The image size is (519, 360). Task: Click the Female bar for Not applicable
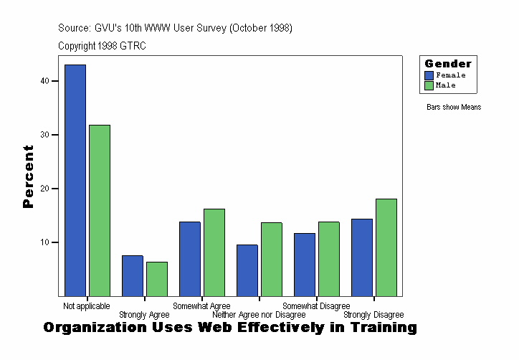click(x=75, y=180)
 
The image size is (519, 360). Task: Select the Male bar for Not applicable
click(x=99, y=210)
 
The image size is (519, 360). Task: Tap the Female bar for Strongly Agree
click(x=133, y=275)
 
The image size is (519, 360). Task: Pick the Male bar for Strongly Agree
click(x=156, y=279)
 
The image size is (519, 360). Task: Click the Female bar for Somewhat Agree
click(x=190, y=259)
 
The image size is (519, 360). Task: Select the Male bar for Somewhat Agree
click(x=214, y=252)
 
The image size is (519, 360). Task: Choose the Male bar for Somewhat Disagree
click(x=328, y=259)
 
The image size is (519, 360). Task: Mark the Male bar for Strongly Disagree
click(x=386, y=247)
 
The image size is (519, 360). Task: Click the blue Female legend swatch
click(x=429, y=75)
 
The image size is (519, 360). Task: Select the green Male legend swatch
click(x=429, y=85)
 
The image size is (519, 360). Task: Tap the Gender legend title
click(x=448, y=64)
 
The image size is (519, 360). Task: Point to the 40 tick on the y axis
click(x=45, y=81)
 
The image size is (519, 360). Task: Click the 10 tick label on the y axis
click(x=45, y=242)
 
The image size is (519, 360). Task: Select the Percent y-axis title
click(x=28, y=176)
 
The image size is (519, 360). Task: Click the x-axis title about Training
click(x=229, y=328)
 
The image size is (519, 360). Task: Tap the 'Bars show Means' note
click(x=454, y=108)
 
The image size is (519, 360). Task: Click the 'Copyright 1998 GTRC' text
click(x=103, y=46)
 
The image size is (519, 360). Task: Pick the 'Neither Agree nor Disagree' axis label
click(x=259, y=315)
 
